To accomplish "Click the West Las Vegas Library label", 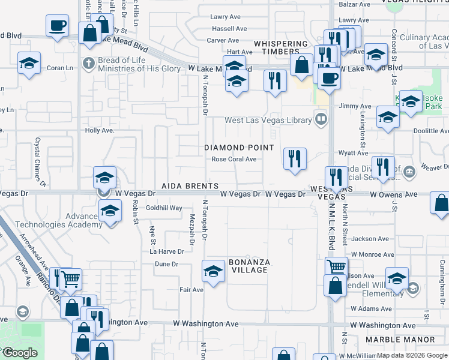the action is click(x=268, y=121).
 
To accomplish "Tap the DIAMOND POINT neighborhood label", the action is click(x=239, y=148).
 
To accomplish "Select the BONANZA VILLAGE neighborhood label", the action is click(x=249, y=266).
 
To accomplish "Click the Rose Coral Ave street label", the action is click(x=234, y=160).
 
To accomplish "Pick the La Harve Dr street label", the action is click(x=167, y=251).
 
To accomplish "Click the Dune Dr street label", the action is click(x=167, y=264).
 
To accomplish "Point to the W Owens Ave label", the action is click(x=393, y=195).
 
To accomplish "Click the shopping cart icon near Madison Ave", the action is click(x=336, y=266).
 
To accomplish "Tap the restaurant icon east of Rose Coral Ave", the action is click(x=295, y=159).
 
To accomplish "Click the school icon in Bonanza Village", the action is click(x=213, y=271).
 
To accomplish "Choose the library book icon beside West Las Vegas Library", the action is click(x=322, y=120).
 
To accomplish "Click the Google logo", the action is click(x=19, y=353).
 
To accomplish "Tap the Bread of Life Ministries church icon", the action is click(x=88, y=63).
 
